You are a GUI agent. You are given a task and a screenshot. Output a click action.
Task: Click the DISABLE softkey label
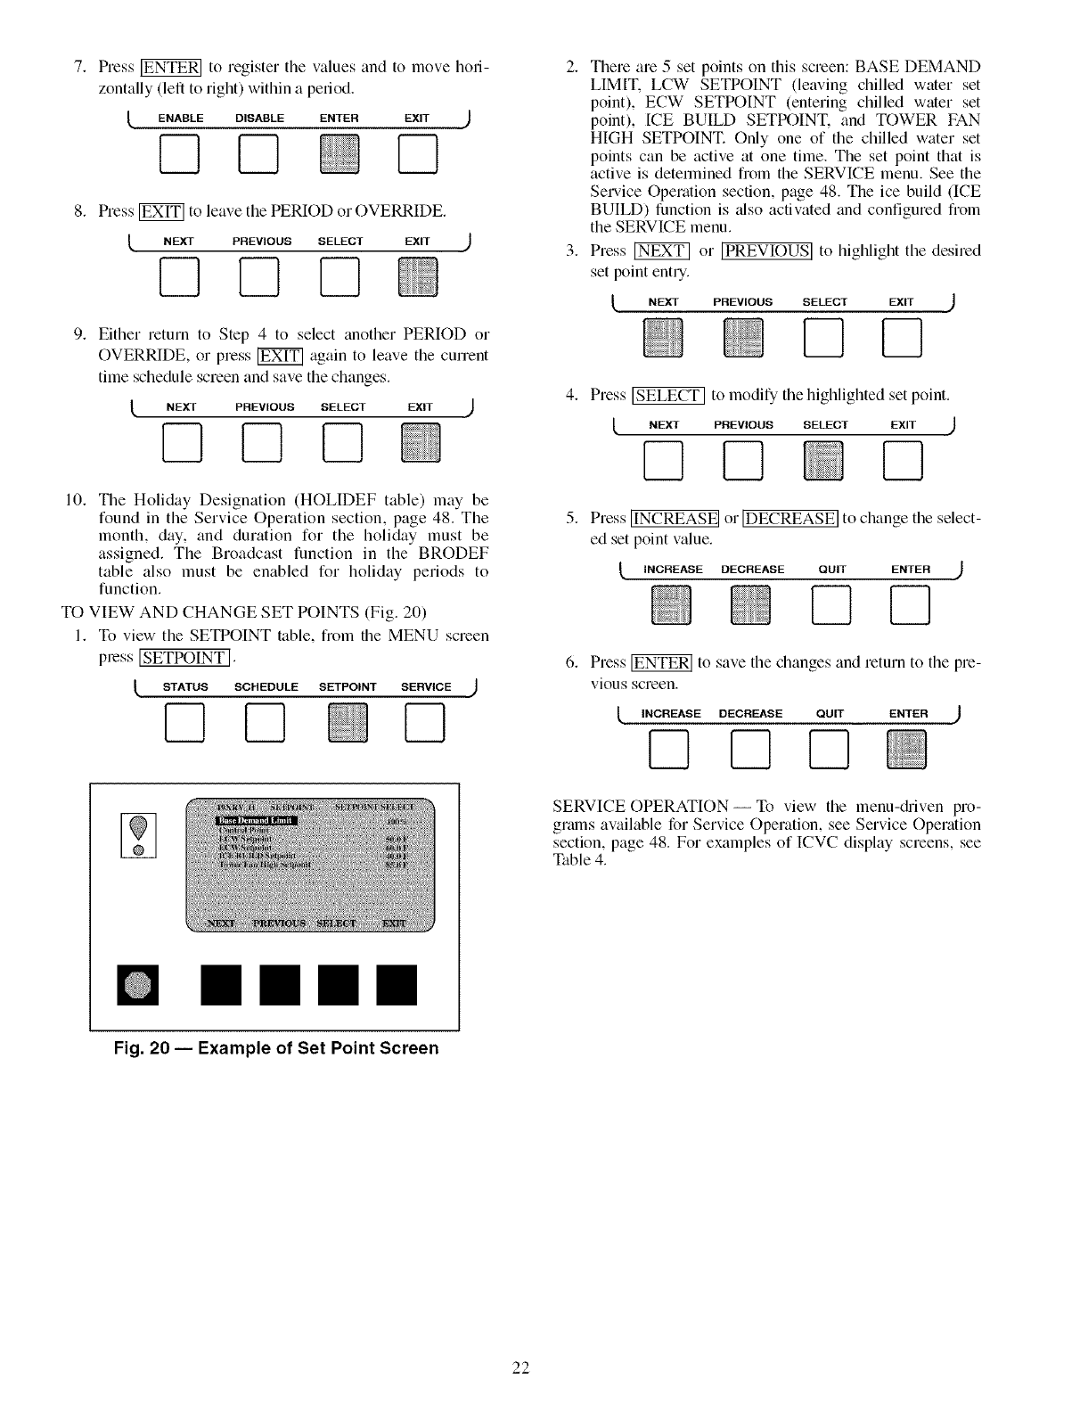pyautogui.click(x=259, y=119)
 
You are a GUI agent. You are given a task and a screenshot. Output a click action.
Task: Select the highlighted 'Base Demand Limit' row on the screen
pyautogui.click(x=258, y=821)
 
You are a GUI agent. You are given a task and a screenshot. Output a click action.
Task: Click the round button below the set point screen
pyautogui.click(x=138, y=984)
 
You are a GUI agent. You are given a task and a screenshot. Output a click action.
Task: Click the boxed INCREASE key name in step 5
pyautogui.click(x=675, y=519)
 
